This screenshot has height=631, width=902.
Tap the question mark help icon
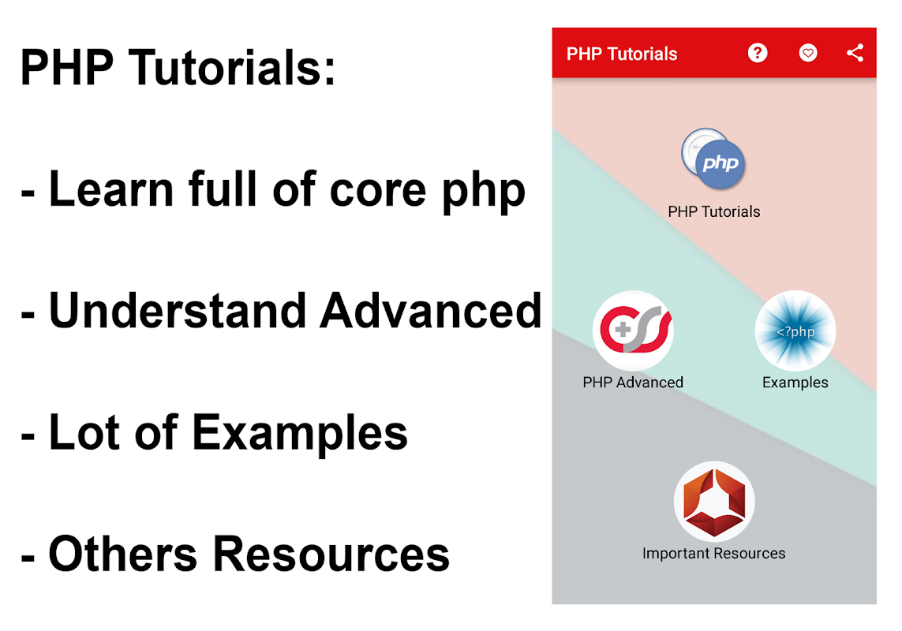(758, 53)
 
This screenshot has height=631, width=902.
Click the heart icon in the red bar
(807, 53)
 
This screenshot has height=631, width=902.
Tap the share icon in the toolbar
(855, 53)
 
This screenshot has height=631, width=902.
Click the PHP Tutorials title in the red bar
(621, 54)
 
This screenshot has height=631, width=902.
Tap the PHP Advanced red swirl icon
(634, 330)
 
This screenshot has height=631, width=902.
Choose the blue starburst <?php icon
(795, 330)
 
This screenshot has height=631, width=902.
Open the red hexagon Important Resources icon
(714, 502)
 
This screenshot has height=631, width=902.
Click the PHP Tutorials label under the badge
(714, 211)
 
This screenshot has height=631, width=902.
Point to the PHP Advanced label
(633, 383)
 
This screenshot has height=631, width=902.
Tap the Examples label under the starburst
(795, 383)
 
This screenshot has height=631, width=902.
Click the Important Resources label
(714, 554)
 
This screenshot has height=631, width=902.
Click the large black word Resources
(331, 554)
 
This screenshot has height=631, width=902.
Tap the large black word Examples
(300, 433)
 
